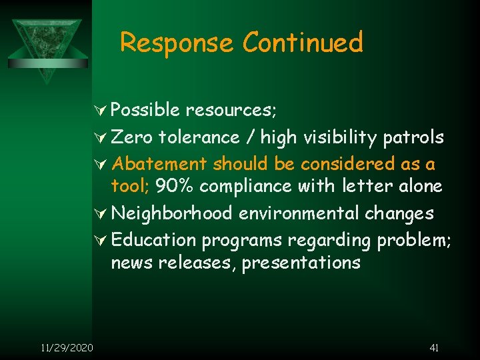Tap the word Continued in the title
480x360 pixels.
point(303,43)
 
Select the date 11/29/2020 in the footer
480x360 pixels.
point(67,347)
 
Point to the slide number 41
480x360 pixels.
point(434,347)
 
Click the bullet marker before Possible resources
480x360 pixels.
point(103,109)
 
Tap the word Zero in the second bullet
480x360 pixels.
point(132,137)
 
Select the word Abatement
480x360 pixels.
point(160,163)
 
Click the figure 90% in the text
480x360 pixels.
point(175,186)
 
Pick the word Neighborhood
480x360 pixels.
point(172,213)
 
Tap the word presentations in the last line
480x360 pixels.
point(301,263)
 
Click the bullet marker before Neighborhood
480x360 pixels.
point(103,213)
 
